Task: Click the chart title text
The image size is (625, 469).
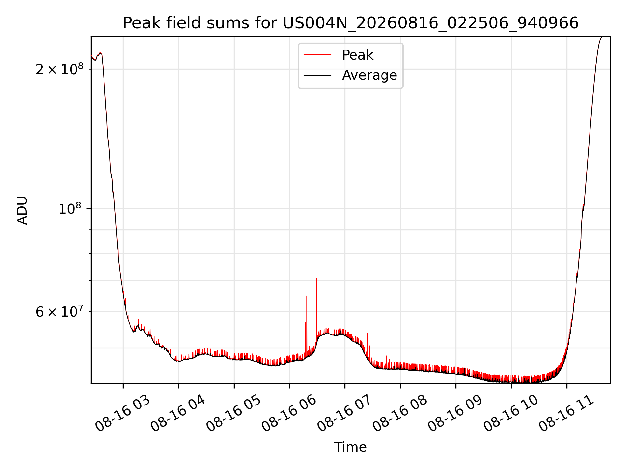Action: pyautogui.click(x=351, y=23)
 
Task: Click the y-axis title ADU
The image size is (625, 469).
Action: pyautogui.click(x=22, y=210)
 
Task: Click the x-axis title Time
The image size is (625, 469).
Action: pyautogui.click(x=351, y=447)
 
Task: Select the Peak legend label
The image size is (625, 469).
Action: pyautogui.click(x=357, y=55)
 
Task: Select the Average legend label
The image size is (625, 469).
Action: pyautogui.click(x=369, y=75)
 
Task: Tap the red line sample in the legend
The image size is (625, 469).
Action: pyautogui.click(x=317, y=55)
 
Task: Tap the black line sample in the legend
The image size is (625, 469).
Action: pyautogui.click(x=317, y=75)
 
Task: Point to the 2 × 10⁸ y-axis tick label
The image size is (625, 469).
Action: pyautogui.click(x=60, y=69)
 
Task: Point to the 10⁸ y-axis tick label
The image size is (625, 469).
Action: pyautogui.click(x=71, y=208)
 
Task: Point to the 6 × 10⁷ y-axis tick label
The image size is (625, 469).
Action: pyautogui.click(x=60, y=311)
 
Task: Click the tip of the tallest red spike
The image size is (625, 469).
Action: pyautogui.click(x=316, y=279)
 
